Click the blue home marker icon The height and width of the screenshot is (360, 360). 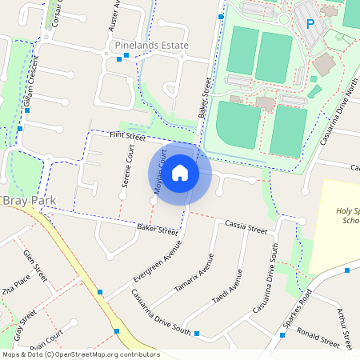pos(180,173)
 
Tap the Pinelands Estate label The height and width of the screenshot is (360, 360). pos(152,46)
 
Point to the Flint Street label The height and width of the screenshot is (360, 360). pos(127,138)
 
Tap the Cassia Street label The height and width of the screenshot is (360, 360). pos(245,229)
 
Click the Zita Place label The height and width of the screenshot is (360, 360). pos(16,289)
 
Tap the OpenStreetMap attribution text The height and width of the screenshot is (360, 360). pos(80,354)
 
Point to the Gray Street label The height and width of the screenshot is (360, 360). pos(24,324)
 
